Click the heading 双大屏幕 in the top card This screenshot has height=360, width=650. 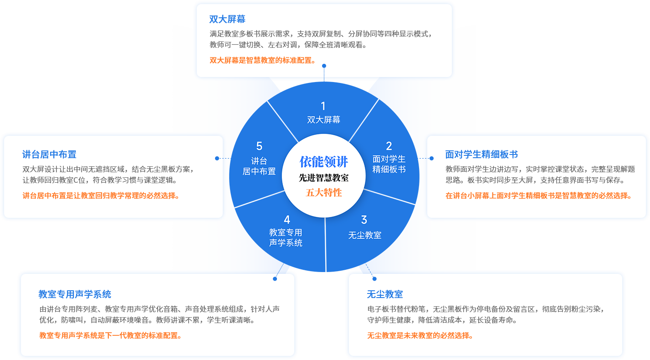(227, 19)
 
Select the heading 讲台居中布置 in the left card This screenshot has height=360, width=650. (49, 154)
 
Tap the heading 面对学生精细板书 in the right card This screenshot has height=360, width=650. (481, 154)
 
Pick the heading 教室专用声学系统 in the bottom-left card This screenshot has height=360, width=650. (75, 294)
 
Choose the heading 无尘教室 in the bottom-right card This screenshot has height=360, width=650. (385, 294)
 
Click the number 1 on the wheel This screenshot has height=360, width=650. (323, 106)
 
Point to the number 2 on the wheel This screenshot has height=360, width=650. (389, 146)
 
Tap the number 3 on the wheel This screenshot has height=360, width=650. (364, 220)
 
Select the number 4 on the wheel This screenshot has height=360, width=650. (287, 220)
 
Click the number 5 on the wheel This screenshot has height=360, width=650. (259, 146)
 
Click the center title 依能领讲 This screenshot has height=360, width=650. (324, 161)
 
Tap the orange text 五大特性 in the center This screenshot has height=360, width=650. (324, 192)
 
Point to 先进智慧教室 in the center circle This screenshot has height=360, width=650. (324, 178)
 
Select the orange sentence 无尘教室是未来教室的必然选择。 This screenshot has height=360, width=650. (420, 336)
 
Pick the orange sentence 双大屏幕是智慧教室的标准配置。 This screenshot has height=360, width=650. (263, 60)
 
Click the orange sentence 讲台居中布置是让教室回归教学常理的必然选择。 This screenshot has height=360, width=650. (101, 196)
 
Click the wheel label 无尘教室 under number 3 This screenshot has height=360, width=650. (365, 235)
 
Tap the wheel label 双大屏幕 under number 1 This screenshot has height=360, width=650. (324, 120)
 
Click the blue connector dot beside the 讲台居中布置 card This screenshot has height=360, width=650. (217, 158)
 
